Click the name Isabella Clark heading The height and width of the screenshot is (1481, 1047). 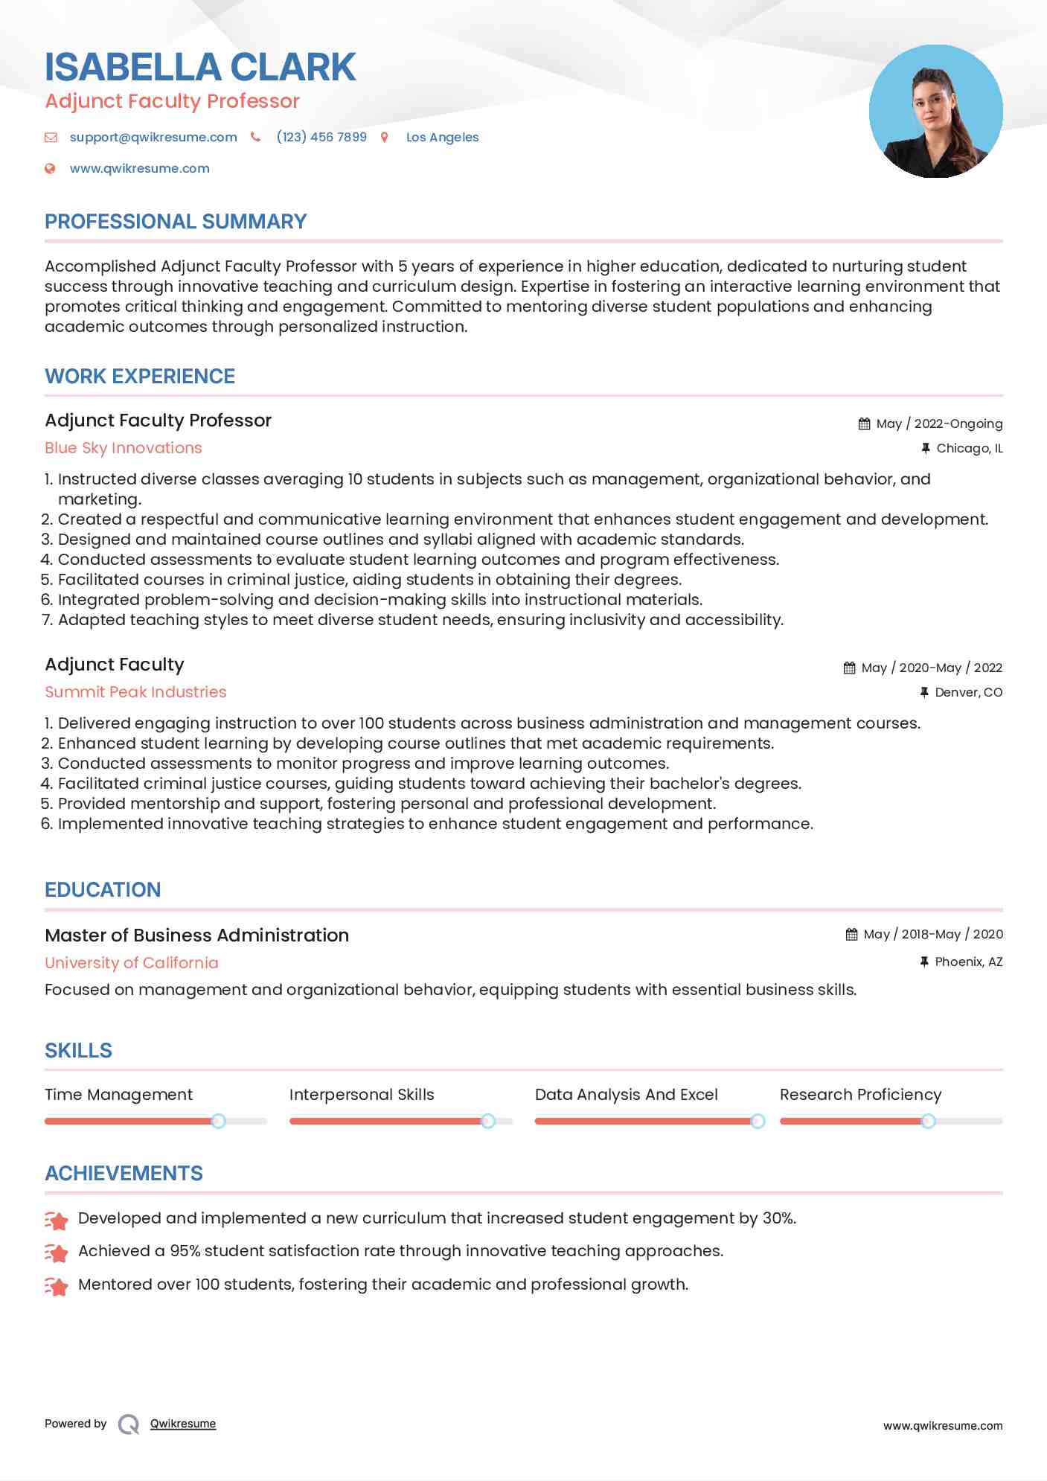point(200,68)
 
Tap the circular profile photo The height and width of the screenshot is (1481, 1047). point(935,112)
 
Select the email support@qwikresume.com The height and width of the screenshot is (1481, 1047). point(153,137)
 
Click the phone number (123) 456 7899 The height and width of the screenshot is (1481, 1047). point(321,137)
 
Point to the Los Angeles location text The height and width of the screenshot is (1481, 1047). point(442,137)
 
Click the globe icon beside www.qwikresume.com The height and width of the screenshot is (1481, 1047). point(51,168)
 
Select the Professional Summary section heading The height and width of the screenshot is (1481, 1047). point(176,222)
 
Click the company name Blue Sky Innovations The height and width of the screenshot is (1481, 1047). point(124,448)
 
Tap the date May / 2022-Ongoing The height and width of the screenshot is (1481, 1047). point(939,423)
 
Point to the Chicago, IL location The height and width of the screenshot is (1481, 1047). point(969,448)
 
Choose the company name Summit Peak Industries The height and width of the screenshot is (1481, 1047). point(135,692)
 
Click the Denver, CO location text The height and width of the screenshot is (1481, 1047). point(968,692)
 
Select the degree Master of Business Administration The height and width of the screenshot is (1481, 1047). point(196,935)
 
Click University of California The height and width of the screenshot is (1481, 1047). point(132,963)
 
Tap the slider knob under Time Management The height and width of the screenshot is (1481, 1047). point(218,1121)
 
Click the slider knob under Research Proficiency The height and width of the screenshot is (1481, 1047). point(928,1121)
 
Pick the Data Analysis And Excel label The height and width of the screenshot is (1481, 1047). point(626,1095)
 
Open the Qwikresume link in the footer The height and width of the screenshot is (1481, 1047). point(183,1424)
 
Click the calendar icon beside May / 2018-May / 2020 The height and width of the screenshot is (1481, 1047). point(851,934)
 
